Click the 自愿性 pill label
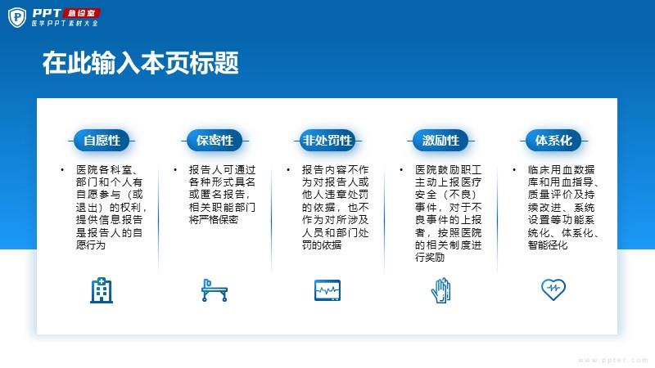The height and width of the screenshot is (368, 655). pos(102,141)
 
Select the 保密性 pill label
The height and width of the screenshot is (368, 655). pos(215,141)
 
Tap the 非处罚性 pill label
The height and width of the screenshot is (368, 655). pos(327,141)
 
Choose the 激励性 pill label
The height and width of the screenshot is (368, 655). pos(440,141)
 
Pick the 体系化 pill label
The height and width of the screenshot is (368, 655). pos(553,141)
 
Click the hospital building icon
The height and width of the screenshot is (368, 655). pos(102,290)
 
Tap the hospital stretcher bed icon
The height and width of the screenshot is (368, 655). pos(215,290)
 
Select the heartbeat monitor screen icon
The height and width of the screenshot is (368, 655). pos(327,290)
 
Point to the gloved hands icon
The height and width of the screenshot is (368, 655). pos(440,290)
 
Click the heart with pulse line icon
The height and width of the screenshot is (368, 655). pos(553,289)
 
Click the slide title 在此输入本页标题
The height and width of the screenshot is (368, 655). pos(140,63)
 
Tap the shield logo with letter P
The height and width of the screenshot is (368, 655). pos(17,17)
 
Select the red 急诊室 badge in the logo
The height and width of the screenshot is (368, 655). pos(83,13)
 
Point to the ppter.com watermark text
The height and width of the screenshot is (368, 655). pos(613,360)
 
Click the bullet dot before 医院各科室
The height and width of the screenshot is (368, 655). pos(62,170)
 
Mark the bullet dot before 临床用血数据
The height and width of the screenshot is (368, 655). pos(514,170)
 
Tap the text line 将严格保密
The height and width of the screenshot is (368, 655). pos(214,220)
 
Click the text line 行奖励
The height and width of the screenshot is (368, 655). pos(430,258)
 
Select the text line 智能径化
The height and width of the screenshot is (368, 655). pos(548,245)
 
